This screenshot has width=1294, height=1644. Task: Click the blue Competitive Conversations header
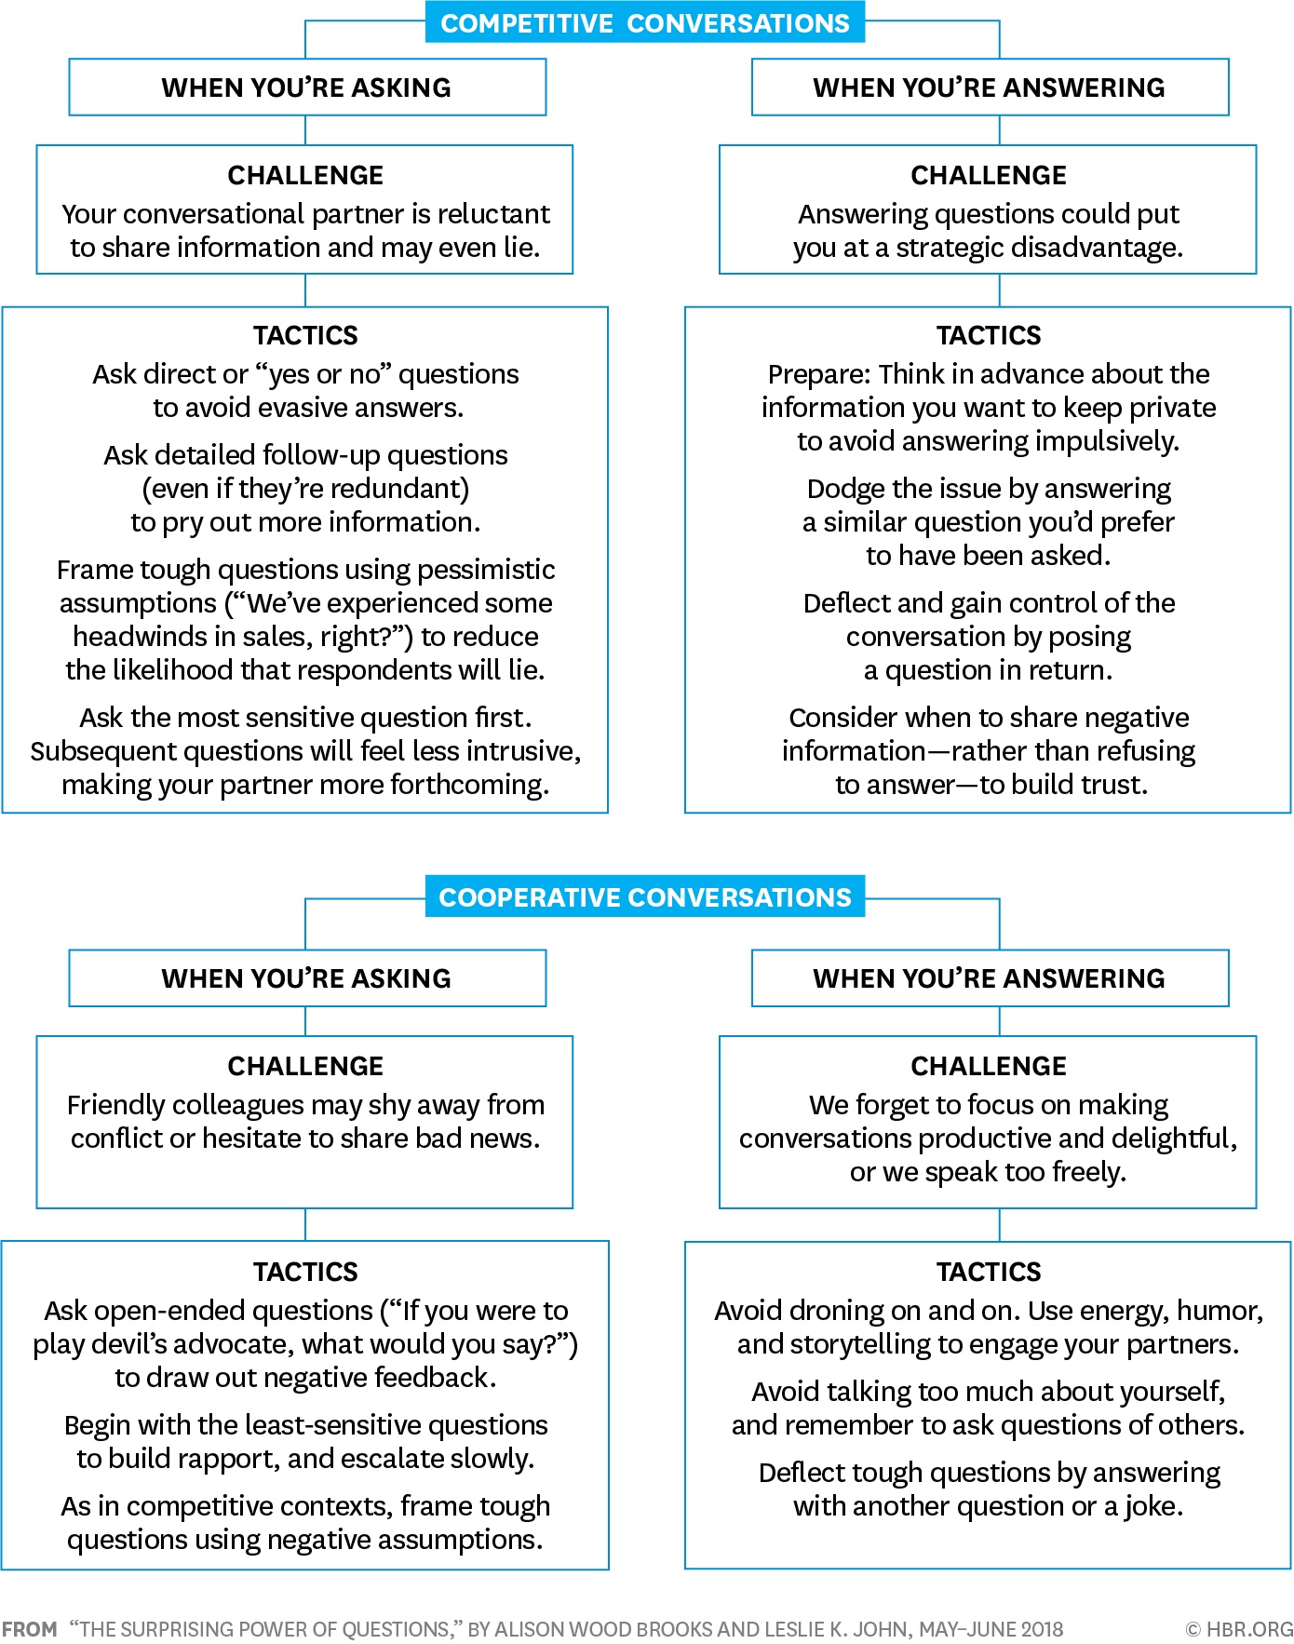point(644,23)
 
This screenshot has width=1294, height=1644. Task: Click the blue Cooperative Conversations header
point(644,897)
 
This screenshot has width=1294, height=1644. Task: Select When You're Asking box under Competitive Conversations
point(307,88)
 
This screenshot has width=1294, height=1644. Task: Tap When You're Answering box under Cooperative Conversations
point(990,978)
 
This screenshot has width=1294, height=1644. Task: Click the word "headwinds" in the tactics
point(133,637)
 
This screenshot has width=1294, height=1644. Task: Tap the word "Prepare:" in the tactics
point(819,374)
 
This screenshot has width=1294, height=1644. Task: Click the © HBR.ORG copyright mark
point(1239,1629)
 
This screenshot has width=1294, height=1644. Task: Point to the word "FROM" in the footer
point(30,1629)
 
